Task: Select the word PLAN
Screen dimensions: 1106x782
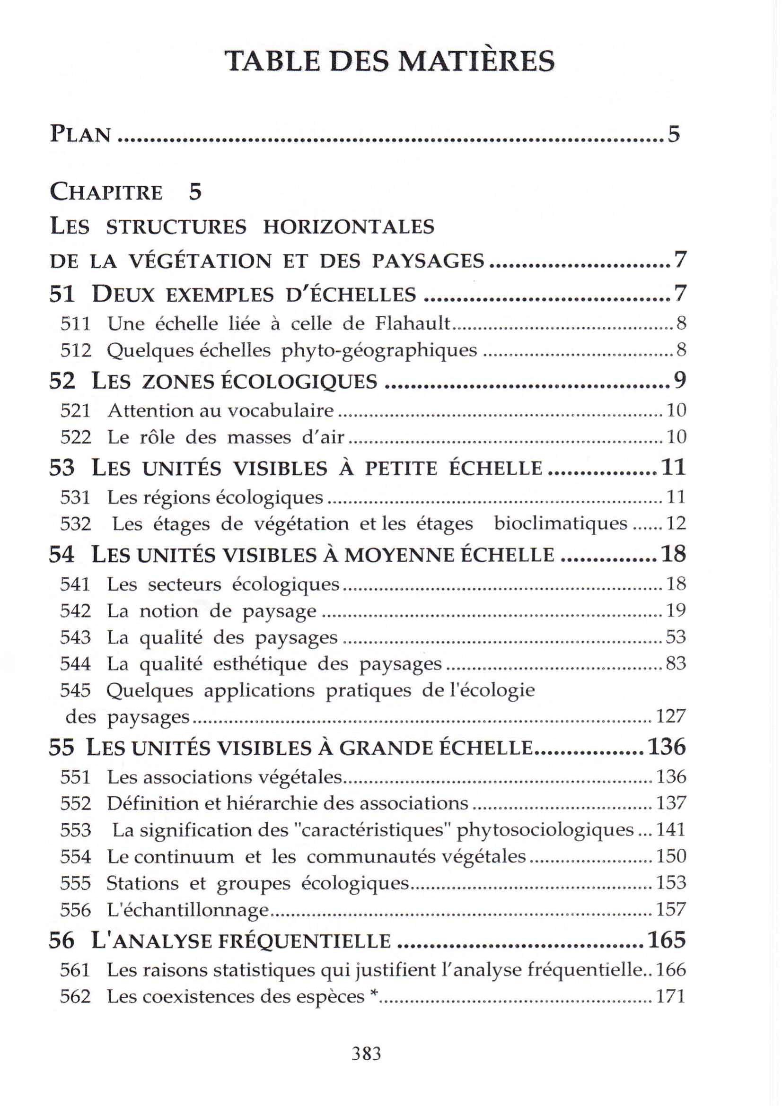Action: point(80,134)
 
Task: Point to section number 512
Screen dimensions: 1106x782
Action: point(76,350)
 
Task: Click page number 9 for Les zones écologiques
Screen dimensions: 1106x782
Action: point(679,380)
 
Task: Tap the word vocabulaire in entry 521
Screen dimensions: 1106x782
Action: point(281,410)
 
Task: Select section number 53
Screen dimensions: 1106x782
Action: point(62,468)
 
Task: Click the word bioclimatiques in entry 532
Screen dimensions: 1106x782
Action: point(560,523)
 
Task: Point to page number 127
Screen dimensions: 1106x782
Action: point(670,716)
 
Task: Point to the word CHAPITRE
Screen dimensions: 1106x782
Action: point(106,192)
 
